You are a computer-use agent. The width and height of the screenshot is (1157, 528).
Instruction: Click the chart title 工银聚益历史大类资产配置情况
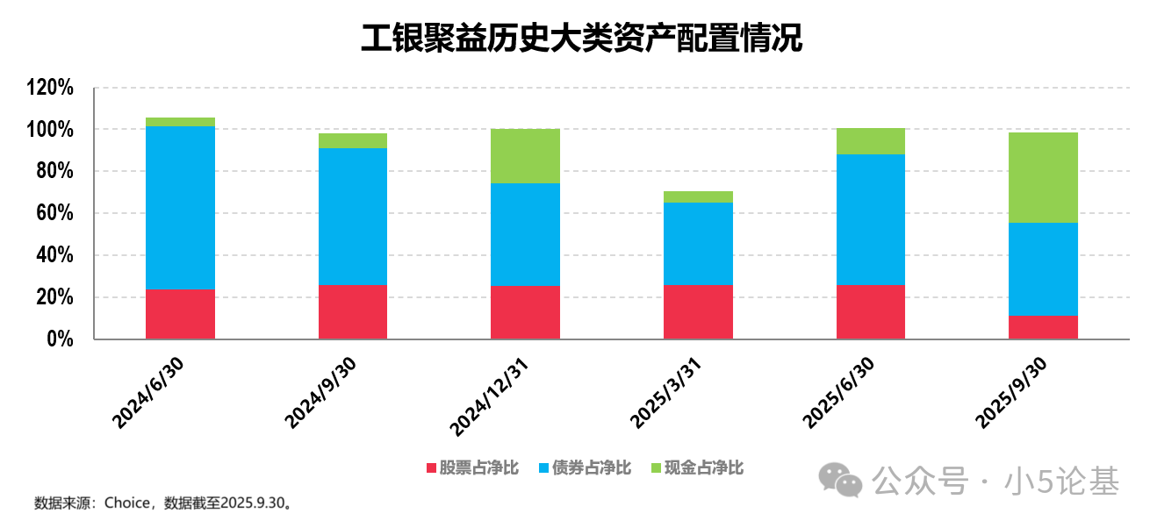581,38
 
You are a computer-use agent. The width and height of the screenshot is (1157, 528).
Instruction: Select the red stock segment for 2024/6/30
180,313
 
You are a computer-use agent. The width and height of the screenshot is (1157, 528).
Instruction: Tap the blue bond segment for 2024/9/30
353,217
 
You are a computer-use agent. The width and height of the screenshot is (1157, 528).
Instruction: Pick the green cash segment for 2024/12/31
525,156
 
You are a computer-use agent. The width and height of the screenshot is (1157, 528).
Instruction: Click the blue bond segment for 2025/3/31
698,244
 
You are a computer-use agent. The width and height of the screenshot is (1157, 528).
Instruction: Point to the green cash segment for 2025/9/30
1043,177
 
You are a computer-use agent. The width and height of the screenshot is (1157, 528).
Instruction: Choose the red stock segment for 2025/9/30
1043,326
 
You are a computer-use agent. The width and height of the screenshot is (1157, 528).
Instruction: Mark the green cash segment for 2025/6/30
871,141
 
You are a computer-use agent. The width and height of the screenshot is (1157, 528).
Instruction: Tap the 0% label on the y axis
60,339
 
